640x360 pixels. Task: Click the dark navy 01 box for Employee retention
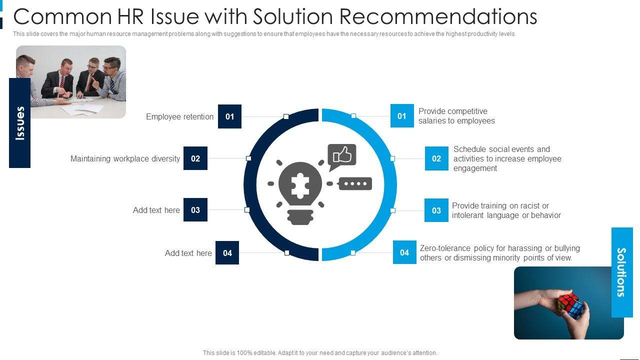pyautogui.click(x=229, y=116)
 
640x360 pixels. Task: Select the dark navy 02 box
pyautogui.click(x=195, y=158)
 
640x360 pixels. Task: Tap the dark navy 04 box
pyautogui.click(x=227, y=253)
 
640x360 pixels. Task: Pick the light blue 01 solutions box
pyautogui.click(x=402, y=116)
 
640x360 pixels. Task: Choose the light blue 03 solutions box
pyautogui.click(x=436, y=210)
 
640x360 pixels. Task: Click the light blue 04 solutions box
pyautogui.click(x=404, y=252)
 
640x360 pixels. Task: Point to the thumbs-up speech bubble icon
pyautogui.click(x=342, y=156)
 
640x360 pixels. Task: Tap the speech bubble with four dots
pyautogui.click(x=355, y=183)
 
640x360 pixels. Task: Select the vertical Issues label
pyautogui.click(x=20, y=122)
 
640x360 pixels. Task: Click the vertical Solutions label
pyautogui.click(x=622, y=272)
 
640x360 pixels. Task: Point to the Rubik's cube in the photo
pyautogui.click(x=569, y=305)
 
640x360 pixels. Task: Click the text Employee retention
pyautogui.click(x=179, y=116)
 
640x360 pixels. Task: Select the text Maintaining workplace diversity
pyautogui.click(x=125, y=158)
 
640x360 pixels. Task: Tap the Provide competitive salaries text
pyautogui.click(x=456, y=116)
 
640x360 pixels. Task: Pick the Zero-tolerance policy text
pyautogui.click(x=499, y=253)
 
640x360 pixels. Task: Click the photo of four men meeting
pyautogui.click(x=71, y=82)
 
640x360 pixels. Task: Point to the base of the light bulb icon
pyautogui.click(x=300, y=217)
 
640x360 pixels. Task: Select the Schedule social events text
pyautogui.click(x=507, y=158)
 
